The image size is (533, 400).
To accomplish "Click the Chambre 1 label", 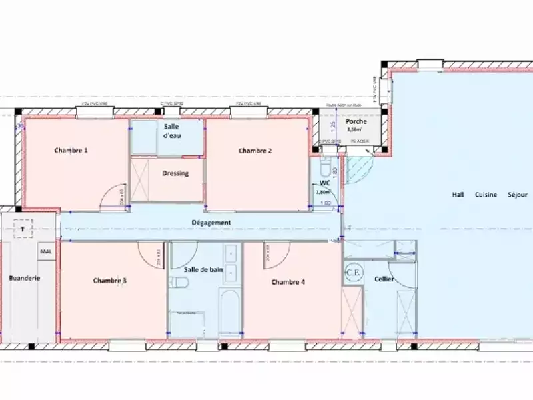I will [x=71, y=151].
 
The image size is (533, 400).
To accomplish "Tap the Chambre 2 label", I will [x=255, y=151].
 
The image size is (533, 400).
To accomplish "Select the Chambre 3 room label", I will [x=110, y=281].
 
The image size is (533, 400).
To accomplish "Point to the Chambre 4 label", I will [x=288, y=282].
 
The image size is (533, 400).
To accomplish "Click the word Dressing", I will [x=176, y=174].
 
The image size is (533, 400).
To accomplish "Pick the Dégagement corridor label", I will [x=211, y=223].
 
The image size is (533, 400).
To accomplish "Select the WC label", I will [x=325, y=182].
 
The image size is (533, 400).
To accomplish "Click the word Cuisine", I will [x=486, y=195].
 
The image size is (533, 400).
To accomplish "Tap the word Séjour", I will [x=518, y=195].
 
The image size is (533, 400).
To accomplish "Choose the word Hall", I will [x=458, y=195].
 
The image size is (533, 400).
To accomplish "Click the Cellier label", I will [x=384, y=279].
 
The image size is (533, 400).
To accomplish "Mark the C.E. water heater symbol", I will [x=352, y=273].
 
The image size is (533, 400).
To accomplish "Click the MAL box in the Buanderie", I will [x=46, y=251].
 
